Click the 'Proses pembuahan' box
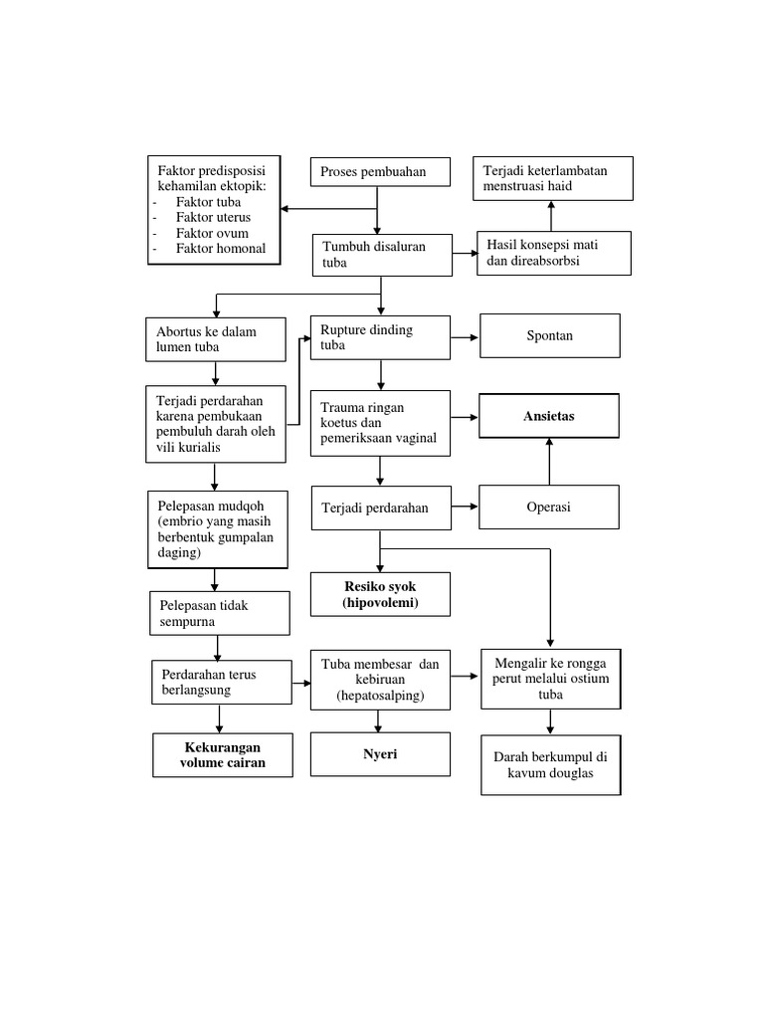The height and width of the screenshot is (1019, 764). point(381,171)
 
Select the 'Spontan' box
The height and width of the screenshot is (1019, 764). point(550,336)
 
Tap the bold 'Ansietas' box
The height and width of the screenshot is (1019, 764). point(550,416)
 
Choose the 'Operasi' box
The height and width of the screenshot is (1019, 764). point(550,508)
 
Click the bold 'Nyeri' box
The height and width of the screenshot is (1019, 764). point(380,754)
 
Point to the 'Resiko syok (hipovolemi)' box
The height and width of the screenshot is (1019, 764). point(380,594)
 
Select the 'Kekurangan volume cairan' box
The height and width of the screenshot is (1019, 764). point(224,755)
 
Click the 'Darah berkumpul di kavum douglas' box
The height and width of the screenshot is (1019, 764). point(550,764)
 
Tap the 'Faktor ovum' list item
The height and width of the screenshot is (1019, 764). point(212,233)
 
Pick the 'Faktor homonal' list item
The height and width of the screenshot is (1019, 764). point(220,249)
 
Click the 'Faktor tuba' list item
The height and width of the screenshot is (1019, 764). point(208,201)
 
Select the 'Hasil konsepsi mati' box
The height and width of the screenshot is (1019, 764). point(555,253)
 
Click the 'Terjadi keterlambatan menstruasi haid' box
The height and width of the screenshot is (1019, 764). point(552,178)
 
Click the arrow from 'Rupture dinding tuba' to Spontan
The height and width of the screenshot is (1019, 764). point(466,337)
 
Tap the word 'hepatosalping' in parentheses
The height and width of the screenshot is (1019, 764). point(380,696)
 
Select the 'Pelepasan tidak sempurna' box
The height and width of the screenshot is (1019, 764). point(220,613)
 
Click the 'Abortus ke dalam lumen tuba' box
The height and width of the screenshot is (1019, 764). point(214,338)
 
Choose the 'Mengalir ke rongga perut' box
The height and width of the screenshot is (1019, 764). point(550,678)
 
